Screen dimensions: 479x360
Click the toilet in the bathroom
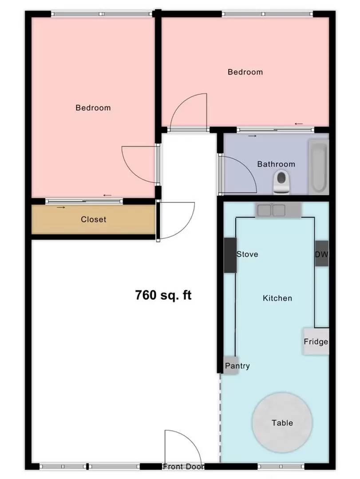click(x=281, y=182)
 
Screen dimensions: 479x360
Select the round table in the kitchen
click(x=282, y=422)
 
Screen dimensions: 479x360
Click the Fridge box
click(x=316, y=342)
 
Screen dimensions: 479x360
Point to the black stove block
click(x=229, y=255)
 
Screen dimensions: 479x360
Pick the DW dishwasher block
click(x=321, y=254)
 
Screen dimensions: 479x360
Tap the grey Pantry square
click(x=231, y=366)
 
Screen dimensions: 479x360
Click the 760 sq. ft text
click(x=163, y=295)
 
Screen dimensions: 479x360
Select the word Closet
click(x=93, y=220)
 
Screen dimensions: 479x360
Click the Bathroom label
click(x=276, y=164)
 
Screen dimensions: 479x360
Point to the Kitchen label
click(x=277, y=298)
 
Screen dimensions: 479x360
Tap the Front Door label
click(x=183, y=467)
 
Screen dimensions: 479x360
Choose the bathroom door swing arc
click(x=244, y=171)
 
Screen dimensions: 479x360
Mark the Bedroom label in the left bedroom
click(x=93, y=108)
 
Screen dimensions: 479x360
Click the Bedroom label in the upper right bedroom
click(x=245, y=72)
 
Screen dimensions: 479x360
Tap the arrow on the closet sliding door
click(x=61, y=207)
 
